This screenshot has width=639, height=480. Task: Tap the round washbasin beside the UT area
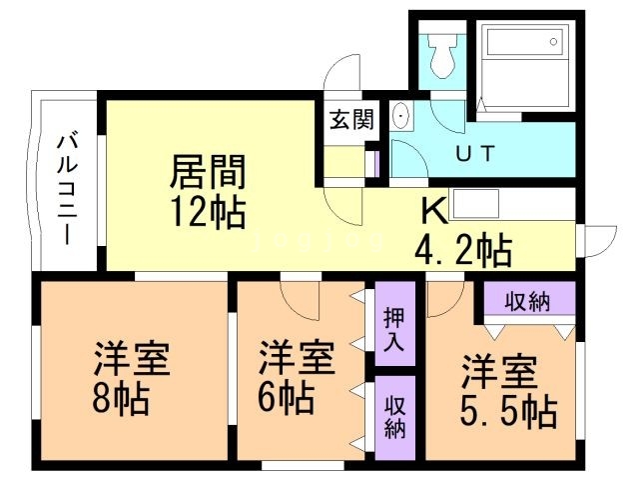coord(402,117)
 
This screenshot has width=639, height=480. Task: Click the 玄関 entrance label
coord(351,119)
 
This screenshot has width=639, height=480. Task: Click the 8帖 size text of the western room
coord(118,400)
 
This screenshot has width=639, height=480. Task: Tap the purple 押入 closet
coord(394,329)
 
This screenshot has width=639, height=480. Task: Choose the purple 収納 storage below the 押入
coord(394,416)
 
